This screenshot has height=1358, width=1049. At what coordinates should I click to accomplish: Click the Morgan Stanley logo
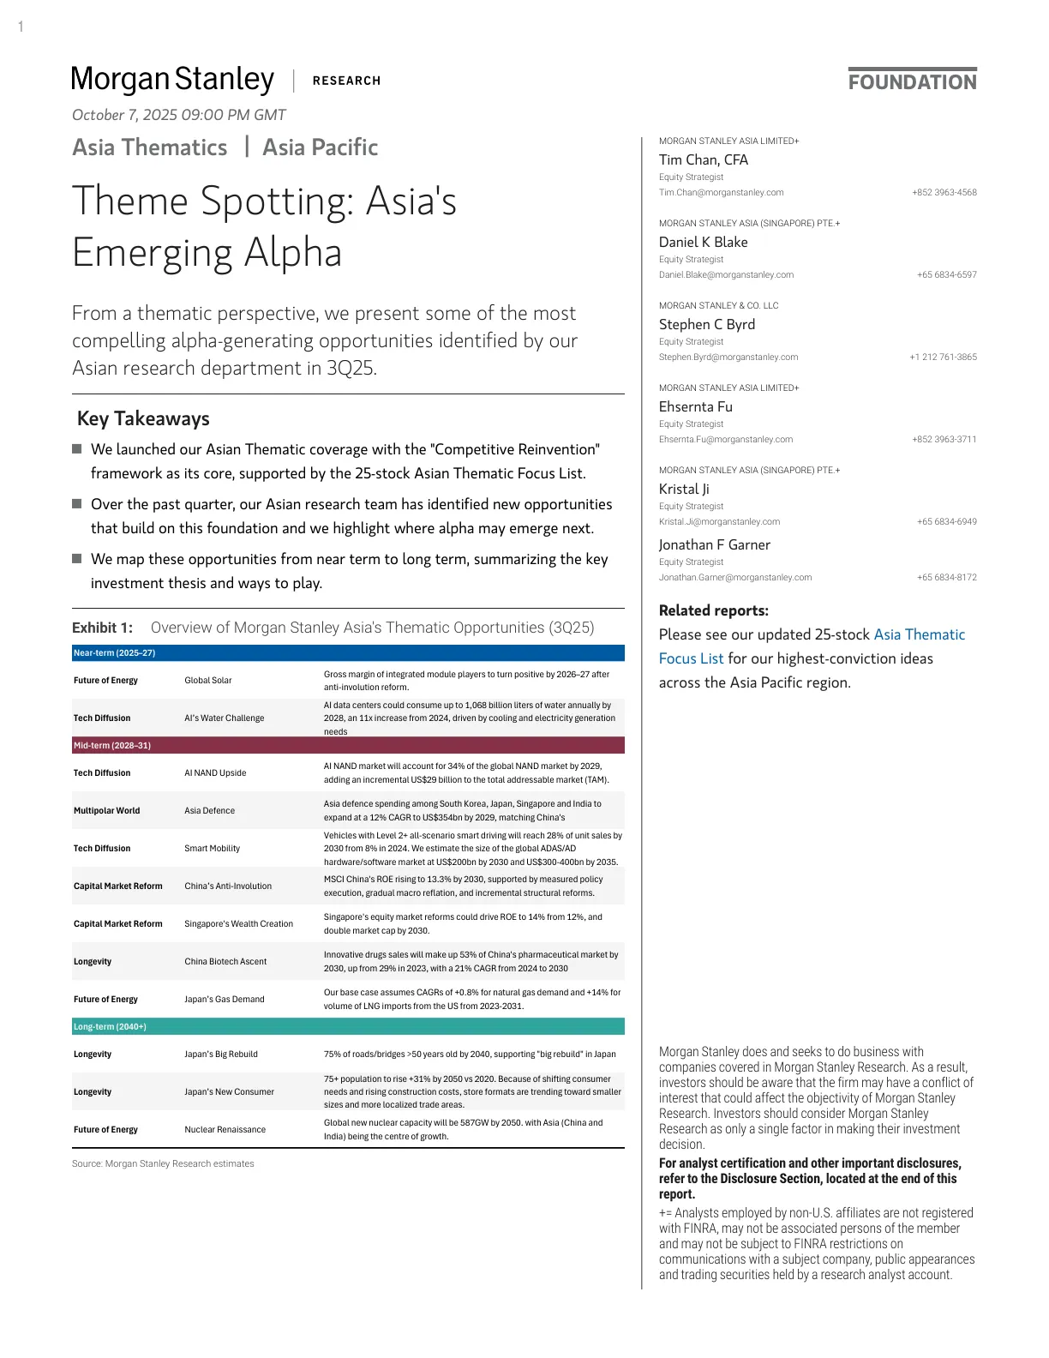coord(172,79)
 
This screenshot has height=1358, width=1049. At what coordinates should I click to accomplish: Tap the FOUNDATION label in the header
coord(912,81)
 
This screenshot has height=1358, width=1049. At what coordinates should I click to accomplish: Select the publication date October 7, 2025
coord(178,115)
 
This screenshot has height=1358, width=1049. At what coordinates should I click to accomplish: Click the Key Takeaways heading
coord(143,418)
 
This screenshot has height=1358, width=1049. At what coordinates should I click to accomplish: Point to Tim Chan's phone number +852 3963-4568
coord(944,193)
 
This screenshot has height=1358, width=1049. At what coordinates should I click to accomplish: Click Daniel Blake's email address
coord(726,275)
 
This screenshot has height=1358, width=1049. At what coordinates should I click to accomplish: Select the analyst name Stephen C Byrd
coord(706,324)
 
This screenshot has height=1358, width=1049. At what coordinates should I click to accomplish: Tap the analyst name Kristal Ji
coord(683,489)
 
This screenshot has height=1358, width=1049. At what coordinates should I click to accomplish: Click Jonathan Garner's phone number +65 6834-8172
coord(946,578)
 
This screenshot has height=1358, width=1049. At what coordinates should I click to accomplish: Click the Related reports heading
coord(713,610)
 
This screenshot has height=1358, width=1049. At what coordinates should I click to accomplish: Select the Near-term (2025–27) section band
coord(348,653)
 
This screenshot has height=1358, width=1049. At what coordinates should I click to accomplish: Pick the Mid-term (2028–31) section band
coord(348,746)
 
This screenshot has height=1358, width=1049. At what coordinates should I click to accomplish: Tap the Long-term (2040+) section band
coord(348,1027)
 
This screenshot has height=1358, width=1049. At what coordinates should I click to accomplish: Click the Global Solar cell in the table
coord(208,681)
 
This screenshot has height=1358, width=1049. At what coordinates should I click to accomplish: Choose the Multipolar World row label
coord(106,811)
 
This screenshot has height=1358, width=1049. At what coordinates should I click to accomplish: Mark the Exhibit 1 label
coord(102,628)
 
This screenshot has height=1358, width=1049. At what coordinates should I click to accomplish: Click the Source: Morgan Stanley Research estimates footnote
coord(163,1164)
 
